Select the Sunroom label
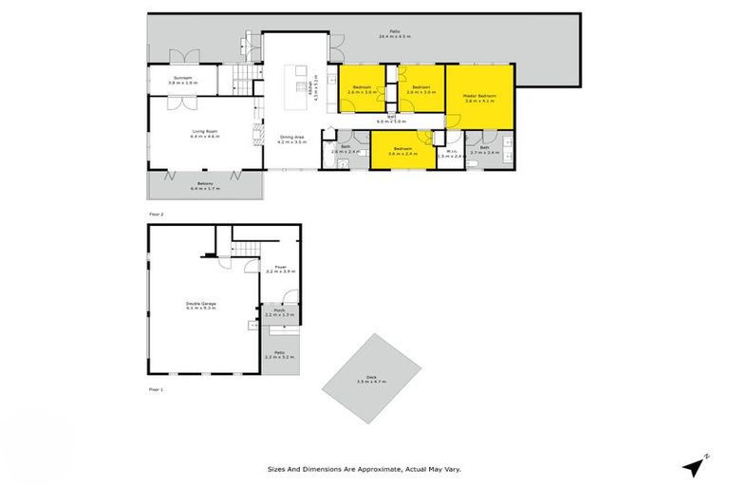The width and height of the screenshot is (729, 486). point(182,80)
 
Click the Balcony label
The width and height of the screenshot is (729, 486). point(204,185)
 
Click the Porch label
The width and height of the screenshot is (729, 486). point(280,311)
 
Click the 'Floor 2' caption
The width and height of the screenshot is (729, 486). point(156,215)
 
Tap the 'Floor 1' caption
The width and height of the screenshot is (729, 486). point(156,389)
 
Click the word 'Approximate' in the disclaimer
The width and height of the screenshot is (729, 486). point(384,469)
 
